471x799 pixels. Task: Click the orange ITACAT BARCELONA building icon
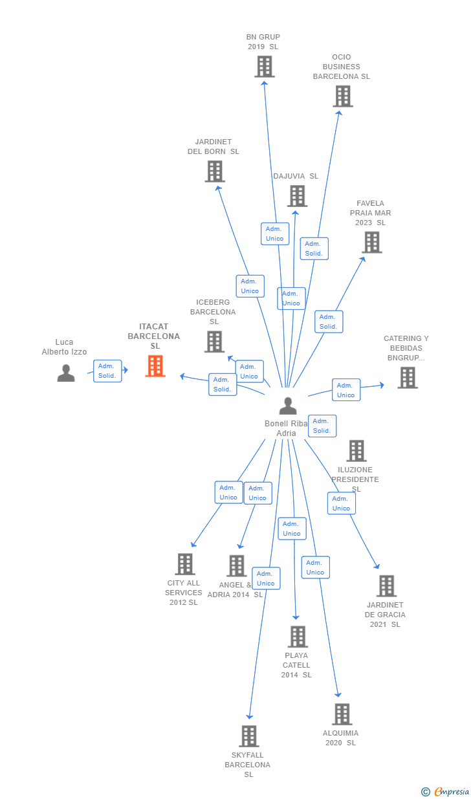coord(155,366)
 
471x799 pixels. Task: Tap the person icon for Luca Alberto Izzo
coord(66,373)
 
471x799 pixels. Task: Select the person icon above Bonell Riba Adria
coord(288,406)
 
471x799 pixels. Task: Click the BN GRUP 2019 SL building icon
coord(265,67)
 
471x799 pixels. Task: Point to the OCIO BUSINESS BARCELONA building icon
coord(343,96)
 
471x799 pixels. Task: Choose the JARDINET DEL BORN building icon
coord(215,171)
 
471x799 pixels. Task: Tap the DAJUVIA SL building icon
coord(297,196)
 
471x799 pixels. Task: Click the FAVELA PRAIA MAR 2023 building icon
coord(372,242)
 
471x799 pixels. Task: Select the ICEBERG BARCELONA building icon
coord(214,342)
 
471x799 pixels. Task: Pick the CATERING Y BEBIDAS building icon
coord(408,378)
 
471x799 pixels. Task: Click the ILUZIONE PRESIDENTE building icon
coord(356,450)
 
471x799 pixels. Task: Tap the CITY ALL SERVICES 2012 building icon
coord(185,564)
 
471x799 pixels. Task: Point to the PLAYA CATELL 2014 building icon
coord(298,637)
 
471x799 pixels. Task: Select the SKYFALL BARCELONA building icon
coord(249,736)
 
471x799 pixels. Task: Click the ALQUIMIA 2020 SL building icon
coord(342,714)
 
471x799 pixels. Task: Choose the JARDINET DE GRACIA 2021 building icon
coord(386,586)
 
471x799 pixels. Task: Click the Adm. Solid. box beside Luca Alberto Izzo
coord(107,371)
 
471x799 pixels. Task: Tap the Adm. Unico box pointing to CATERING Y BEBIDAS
coord(346,390)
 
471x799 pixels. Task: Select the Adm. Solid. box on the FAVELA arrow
coord(329,322)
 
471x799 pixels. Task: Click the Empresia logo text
coord(452,791)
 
